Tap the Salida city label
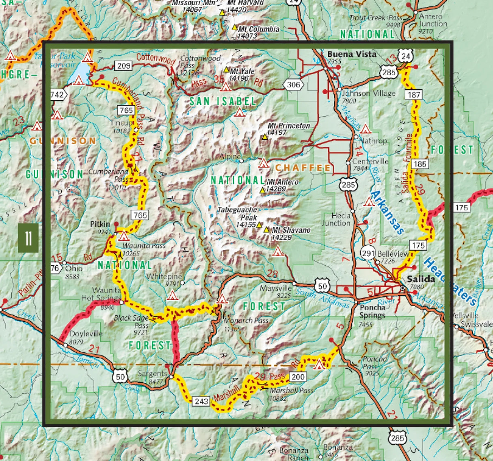[421, 279]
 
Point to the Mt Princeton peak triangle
[265, 137]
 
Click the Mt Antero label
[283, 182]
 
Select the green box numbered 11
[28, 237]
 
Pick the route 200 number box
[298, 377]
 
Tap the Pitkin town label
[100, 224]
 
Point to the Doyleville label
[86, 334]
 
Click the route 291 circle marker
[368, 254]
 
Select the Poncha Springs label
[372, 311]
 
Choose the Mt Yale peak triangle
[227, 69]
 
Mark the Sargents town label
[152, 374]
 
